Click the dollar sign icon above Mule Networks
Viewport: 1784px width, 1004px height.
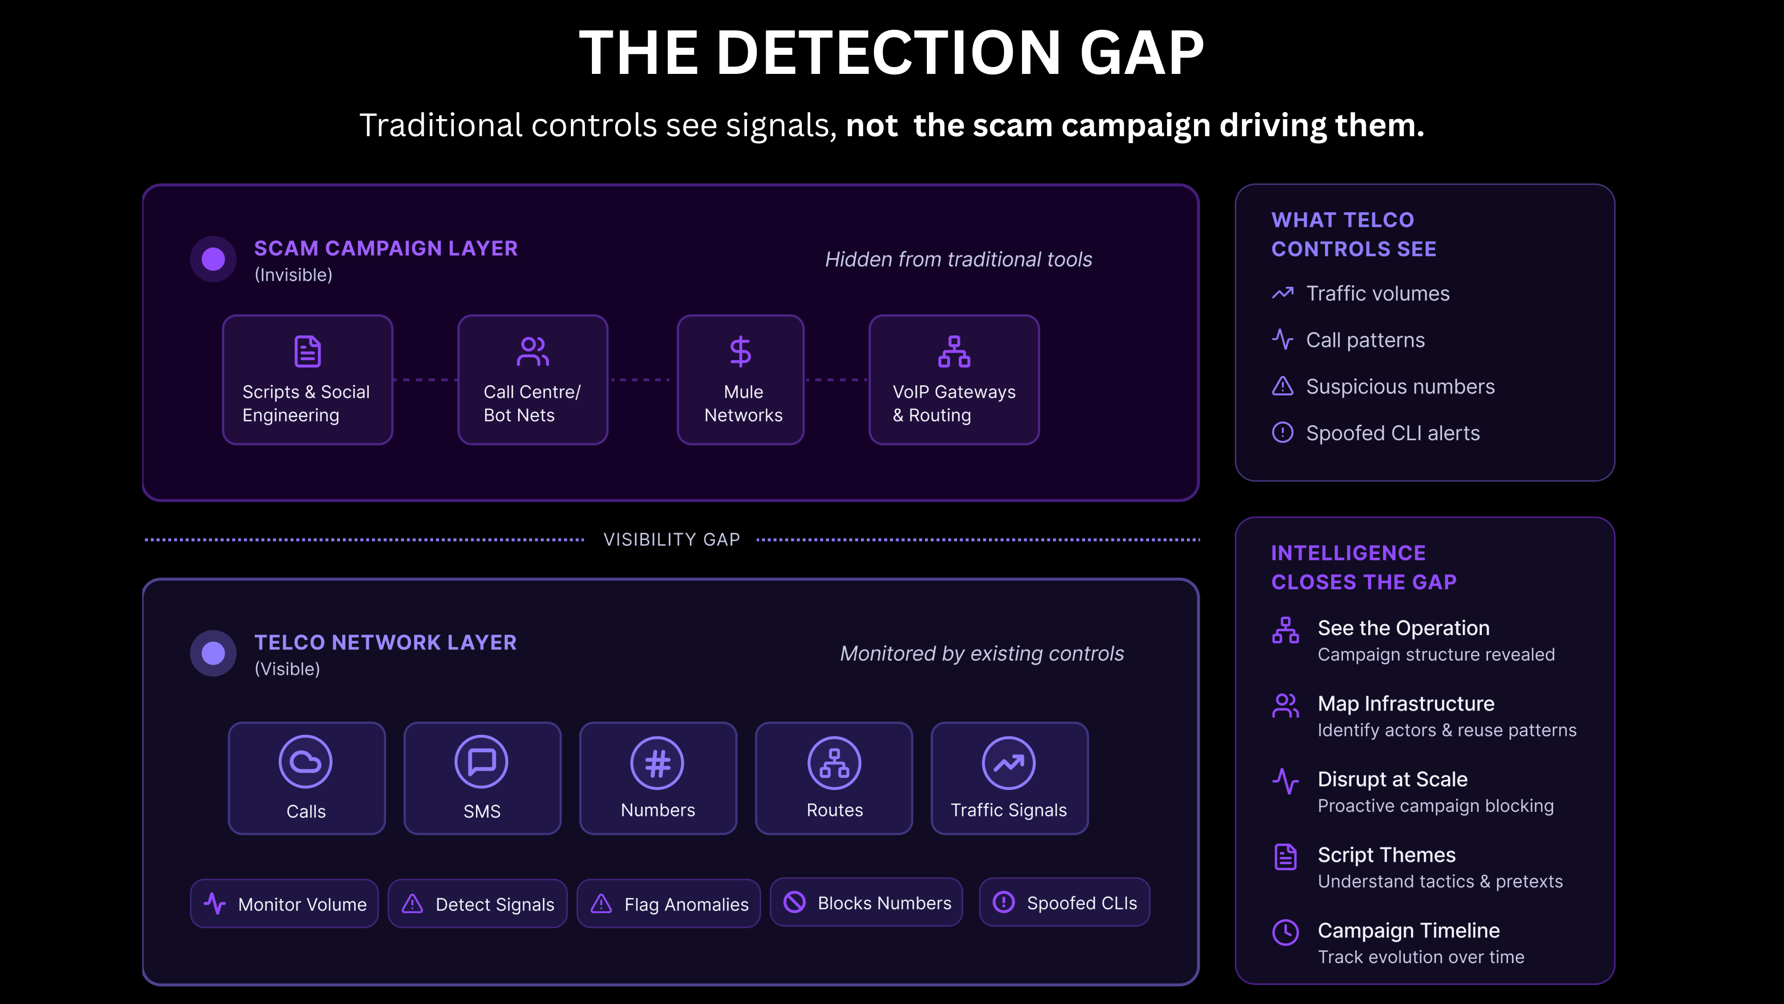pos(741,351)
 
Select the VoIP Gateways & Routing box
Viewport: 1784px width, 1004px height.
pos(954,380)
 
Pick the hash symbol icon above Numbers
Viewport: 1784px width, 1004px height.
pos(657,763)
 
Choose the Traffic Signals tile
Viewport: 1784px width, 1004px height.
pos(1009,778)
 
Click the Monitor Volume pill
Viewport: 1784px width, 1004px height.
pos(285,904)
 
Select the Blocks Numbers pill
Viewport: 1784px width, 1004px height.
pos(866,902)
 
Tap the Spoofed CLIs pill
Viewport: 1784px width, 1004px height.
pos(1064,902)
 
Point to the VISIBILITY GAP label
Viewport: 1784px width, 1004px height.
pos(672,539)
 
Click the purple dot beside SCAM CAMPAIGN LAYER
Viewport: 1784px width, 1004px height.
pos(213,259)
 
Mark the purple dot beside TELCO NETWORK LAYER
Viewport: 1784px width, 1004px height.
pos(213,653)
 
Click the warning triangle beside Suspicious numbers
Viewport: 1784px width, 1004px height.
pos(1283,386)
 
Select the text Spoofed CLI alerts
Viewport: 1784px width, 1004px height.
pos(1393,433)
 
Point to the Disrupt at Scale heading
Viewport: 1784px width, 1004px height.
pos(1392,779)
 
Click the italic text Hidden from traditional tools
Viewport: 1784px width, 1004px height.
pos(958,259)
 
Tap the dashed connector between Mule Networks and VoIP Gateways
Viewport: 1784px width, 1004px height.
pos(837,380)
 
